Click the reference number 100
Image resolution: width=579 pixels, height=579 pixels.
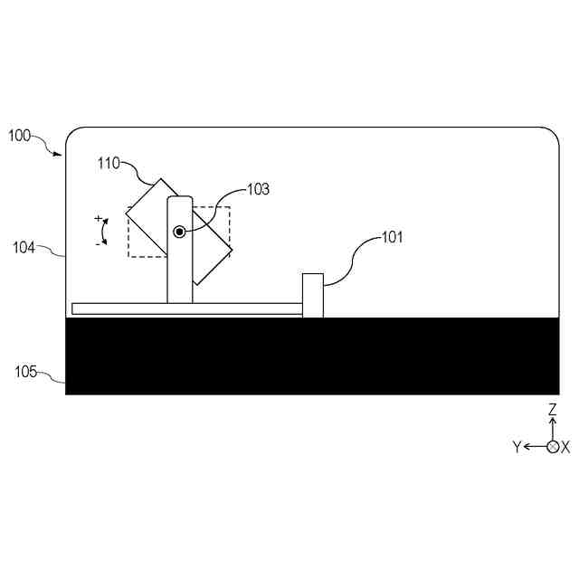click(x=19, y=136)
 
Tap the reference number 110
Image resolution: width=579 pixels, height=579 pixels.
click(x=109, y=163)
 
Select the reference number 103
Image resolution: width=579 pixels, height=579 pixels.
click(x=258, y=189)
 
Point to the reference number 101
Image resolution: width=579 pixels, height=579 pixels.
click(x=391, y=238)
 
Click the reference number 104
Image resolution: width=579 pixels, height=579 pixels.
click(x=24, y=246)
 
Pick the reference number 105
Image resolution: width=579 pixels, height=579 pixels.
click(x=25, y=371)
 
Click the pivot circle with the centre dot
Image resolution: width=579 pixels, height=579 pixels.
click(x=180, y=232)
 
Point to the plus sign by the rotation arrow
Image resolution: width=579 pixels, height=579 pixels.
click(x=98, y=219)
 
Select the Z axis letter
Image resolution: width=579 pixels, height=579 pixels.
click(x=552, y=410)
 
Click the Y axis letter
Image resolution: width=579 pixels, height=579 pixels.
click(x=517, y=447)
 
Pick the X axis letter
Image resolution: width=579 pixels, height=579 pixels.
click(x=566, y=447)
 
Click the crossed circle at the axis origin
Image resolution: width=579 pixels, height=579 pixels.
click(x=552, y=447)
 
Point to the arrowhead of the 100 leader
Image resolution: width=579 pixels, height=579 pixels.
click(x=60, y=154)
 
